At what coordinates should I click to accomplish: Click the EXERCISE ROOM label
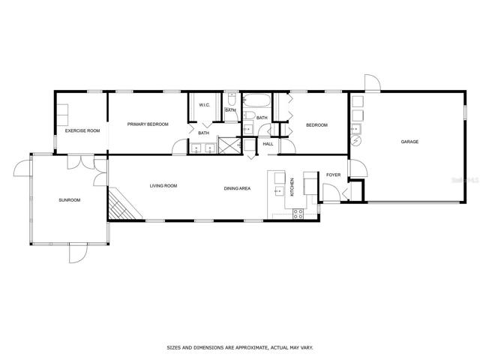82,130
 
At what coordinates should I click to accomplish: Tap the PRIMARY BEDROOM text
148,124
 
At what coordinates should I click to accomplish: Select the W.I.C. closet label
205,105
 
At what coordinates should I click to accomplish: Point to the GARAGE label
409,142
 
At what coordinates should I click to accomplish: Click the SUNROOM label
70,200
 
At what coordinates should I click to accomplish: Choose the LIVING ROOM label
163,186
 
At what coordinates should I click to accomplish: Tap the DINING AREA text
237,188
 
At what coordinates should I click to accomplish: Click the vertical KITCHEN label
292,187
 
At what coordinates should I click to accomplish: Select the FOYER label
333,175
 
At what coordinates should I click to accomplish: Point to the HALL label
268,144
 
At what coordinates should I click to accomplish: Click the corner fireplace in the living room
122,205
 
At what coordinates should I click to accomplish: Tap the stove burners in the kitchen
298,214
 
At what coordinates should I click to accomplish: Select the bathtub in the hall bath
256,100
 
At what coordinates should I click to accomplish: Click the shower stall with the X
229,145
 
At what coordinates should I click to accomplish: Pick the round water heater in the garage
356,140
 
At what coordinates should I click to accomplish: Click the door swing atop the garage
372,82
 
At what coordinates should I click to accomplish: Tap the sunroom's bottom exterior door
78,253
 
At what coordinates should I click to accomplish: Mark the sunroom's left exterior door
22,168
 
